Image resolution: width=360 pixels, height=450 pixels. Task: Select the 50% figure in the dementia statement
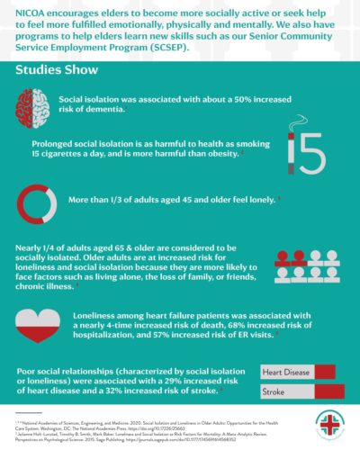click(229, 98)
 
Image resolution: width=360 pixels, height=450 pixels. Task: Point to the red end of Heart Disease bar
click(325, 372)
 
